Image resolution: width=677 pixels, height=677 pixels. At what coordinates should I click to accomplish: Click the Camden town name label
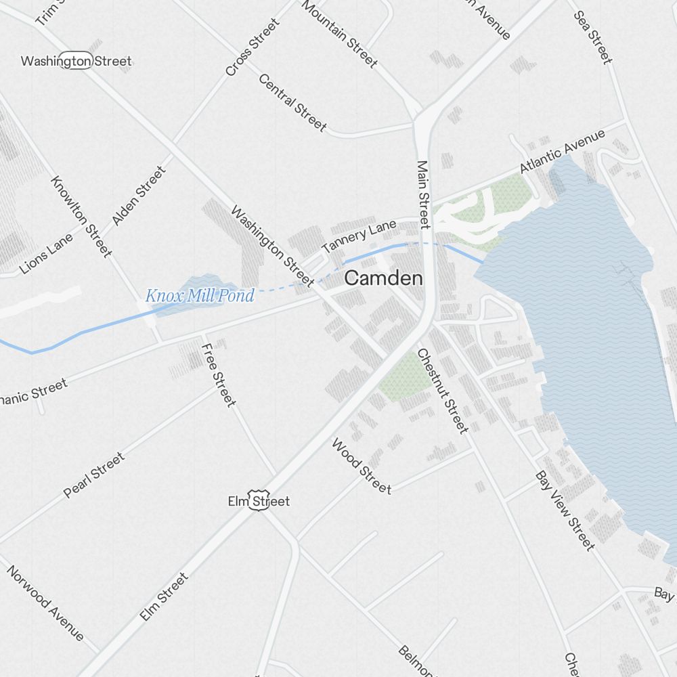point(383,278)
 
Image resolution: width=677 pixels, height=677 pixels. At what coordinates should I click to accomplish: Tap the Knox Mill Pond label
point(200,296)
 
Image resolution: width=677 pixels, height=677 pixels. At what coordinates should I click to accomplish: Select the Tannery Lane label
point(358,237)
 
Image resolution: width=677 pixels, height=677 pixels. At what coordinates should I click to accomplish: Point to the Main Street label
point(424,194)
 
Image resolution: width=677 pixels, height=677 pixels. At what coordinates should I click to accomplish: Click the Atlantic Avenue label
point(562,151)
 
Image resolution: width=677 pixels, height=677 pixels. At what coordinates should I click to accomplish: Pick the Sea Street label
point(593,37)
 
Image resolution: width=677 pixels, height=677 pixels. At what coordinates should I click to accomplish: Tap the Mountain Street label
point(339,34)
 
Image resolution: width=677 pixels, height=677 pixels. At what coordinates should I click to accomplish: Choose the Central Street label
point(292,102)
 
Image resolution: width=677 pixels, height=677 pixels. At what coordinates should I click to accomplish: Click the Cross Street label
point(253,47)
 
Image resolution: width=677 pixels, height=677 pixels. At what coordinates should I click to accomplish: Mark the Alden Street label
point(139,196)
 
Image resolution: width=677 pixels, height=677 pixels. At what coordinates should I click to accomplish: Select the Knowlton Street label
point(81,217)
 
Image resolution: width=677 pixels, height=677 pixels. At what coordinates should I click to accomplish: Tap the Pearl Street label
point(94,475)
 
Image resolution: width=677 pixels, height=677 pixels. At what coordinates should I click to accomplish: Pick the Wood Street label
point(361,466)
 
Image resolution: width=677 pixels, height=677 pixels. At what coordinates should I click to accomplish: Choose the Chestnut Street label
point(442,391)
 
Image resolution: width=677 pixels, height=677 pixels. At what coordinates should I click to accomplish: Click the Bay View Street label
point(565,510)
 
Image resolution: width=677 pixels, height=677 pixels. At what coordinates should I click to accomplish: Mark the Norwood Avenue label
point(46,603)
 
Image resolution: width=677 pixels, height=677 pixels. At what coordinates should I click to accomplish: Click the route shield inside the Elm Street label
point(259,502)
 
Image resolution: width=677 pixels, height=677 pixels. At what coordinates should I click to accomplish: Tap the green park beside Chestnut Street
point(405,378)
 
